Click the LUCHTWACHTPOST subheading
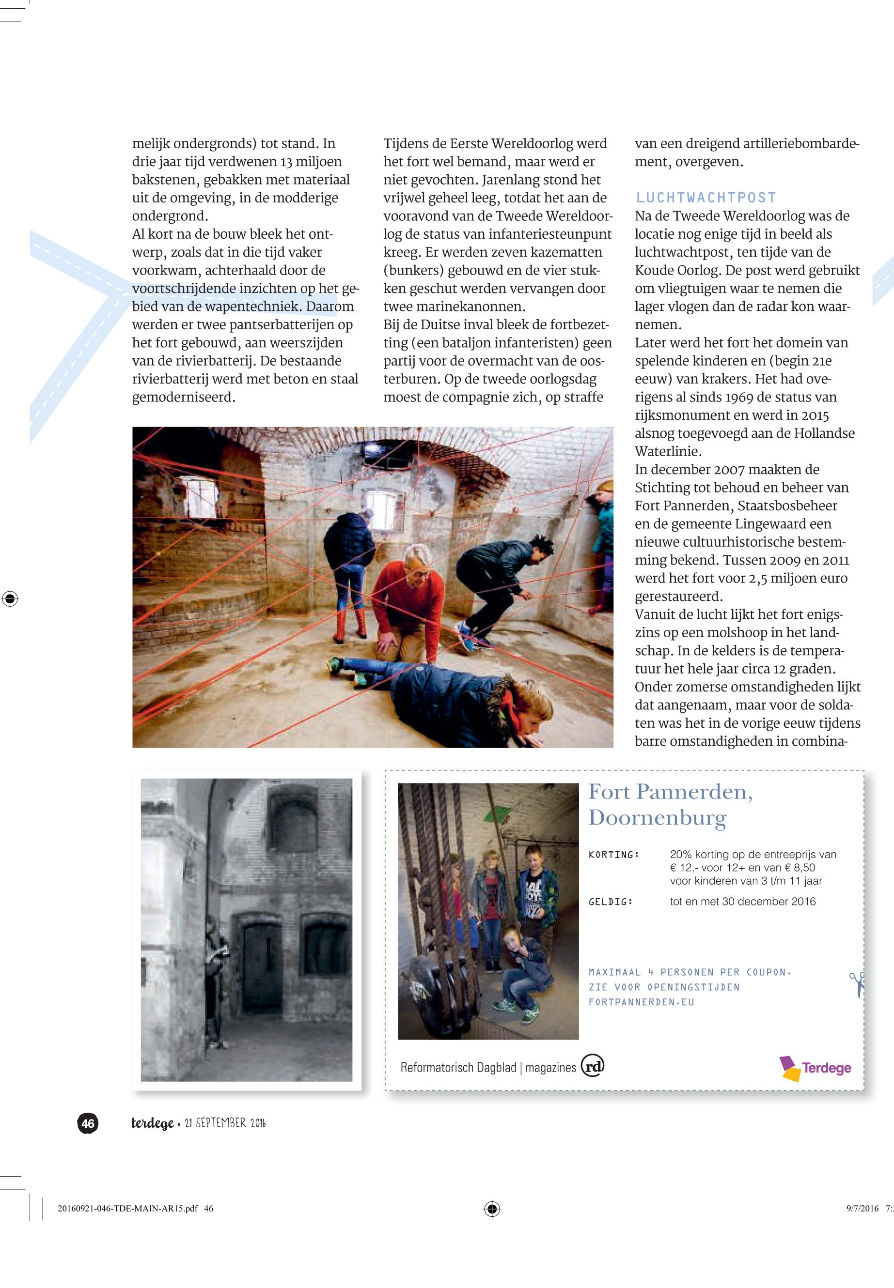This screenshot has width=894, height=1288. (x=706, y=198)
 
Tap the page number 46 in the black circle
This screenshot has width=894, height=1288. (x=88, y=1123)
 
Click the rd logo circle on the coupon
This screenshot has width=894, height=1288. (x=593, y=1066)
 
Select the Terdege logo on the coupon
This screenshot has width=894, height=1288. (x=816, y=1068)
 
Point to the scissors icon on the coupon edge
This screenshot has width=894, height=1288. (x=857, y=983)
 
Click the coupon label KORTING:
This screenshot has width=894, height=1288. (x=614, y=855)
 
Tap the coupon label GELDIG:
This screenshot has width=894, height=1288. (x=611, y=902)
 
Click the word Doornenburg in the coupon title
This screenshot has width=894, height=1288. (x=657, y=818)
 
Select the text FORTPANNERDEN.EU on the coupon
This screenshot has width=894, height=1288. (x=642, y=1002)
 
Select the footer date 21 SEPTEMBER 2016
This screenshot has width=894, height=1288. (x=225, y=1123)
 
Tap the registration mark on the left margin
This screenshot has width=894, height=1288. (x=10, y=598)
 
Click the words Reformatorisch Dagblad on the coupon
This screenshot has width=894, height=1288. (x=458, y=1068)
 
